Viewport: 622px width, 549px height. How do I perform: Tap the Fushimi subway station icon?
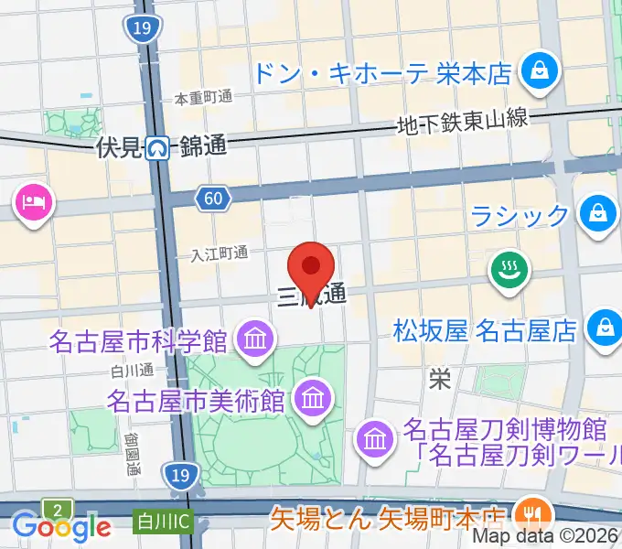(161, 146)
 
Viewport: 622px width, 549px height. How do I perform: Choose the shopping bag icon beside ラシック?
(597, 214)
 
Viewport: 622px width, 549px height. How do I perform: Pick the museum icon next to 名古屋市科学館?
(254, 340)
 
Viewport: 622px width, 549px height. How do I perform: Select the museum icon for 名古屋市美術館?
(313, 398)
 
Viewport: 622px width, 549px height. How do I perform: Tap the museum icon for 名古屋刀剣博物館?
(374, 439)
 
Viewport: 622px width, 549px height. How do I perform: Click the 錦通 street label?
(203, 145)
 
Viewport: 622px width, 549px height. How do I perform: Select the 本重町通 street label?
(205, 98)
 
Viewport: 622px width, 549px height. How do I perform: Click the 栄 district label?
(440, 380)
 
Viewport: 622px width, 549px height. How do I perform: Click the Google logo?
(61, 526)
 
